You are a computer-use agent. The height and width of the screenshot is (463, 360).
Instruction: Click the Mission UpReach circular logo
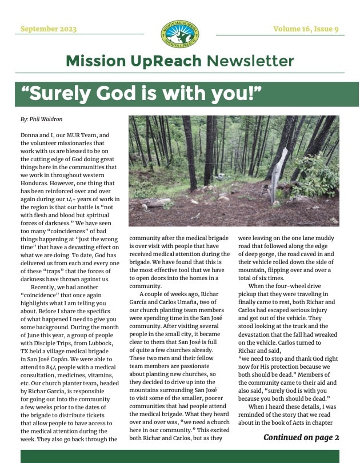pos(179,33)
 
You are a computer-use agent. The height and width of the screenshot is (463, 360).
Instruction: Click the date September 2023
pos(48,29)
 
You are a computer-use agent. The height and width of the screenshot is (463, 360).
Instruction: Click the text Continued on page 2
pos(301,437)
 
